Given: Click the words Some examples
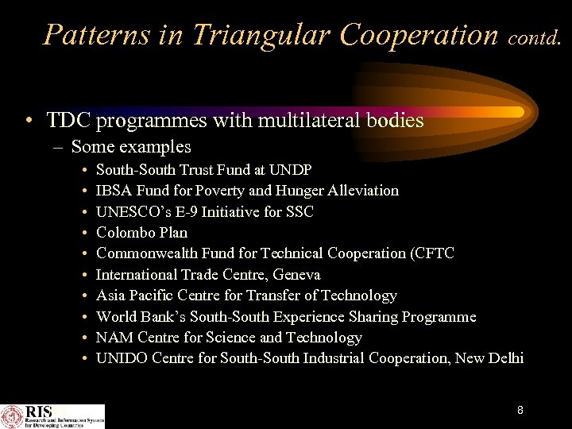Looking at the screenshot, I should [131, 146].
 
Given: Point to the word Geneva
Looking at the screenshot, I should [295, 275].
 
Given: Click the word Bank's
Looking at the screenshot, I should [165, 316].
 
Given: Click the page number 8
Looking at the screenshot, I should [520, 410].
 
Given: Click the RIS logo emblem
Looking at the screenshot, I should [12, 416].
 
